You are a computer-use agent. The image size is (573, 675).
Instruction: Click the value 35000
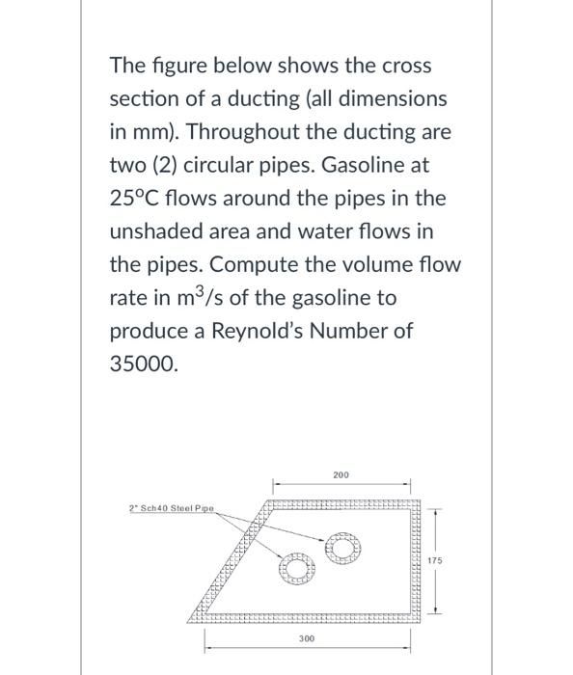[x=144, y=364]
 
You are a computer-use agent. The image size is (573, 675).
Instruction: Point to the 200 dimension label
[x=341, y=475]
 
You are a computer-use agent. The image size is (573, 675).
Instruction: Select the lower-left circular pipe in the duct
[x=296, y=569]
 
